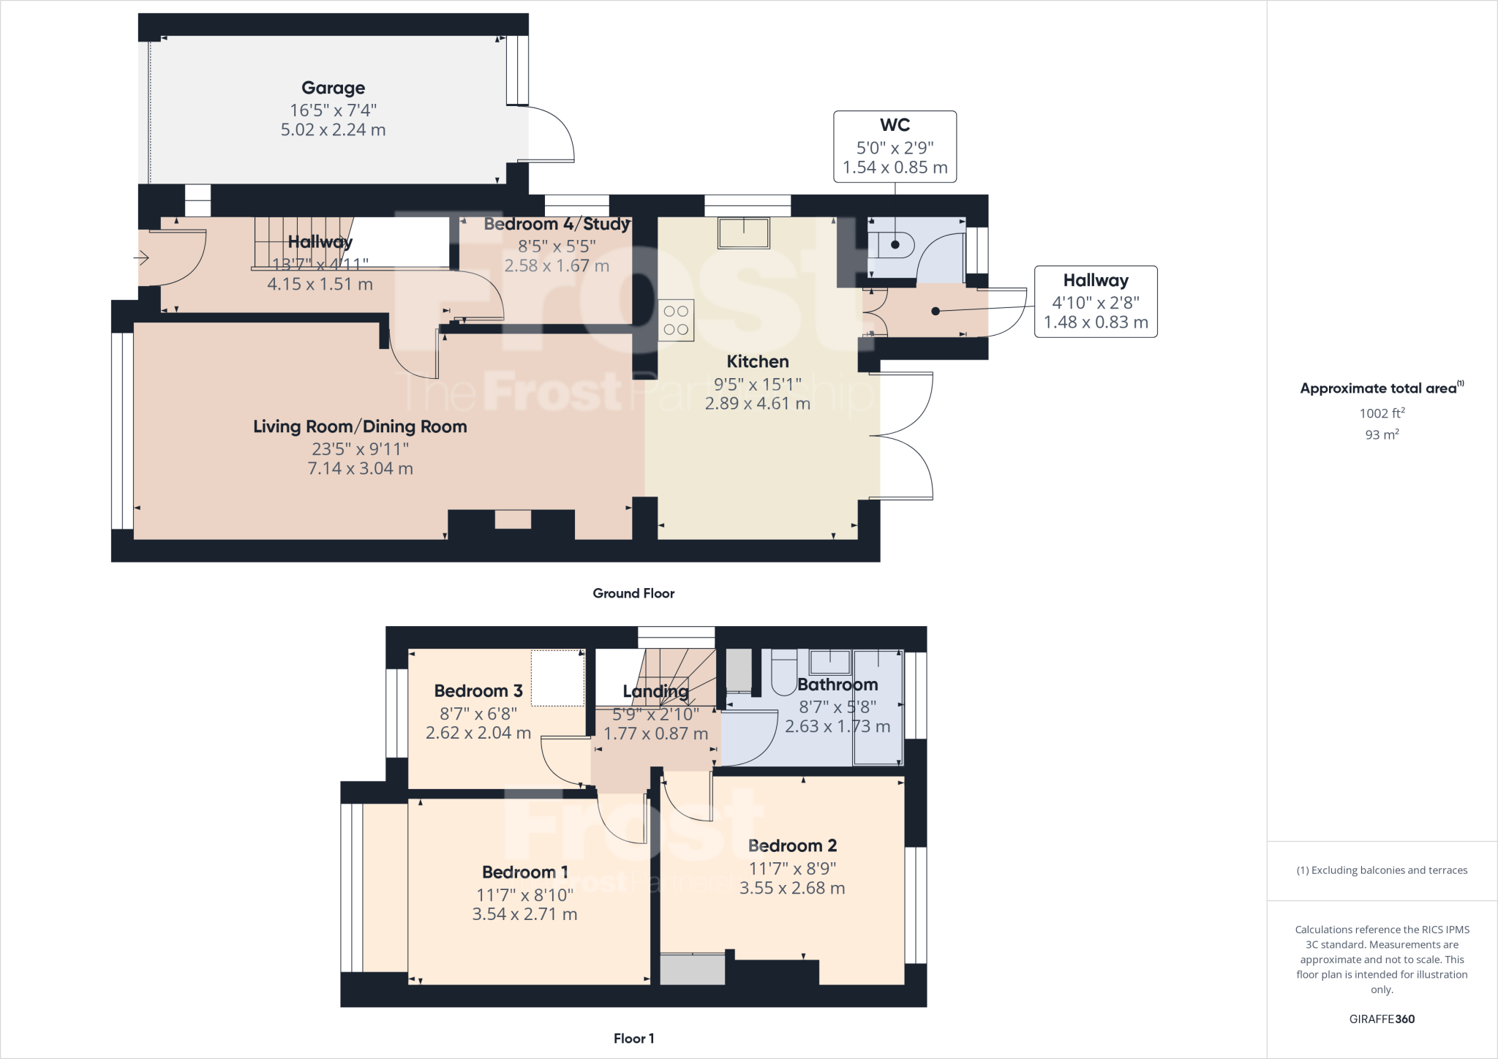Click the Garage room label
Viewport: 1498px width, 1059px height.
(333, 88)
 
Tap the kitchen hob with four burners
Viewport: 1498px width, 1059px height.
(676, 320)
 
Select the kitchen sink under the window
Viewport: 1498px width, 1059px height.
(744, 234)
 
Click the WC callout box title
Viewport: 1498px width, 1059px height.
(895, 125)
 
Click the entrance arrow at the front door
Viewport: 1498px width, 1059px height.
(142, 257)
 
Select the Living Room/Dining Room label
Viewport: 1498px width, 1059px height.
(360, 426)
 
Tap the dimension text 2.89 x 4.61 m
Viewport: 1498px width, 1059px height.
(757, 403)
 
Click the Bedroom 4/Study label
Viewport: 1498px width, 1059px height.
(557, 224)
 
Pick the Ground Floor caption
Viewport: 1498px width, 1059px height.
(633, 593)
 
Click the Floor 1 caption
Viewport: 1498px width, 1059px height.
(633, 1038)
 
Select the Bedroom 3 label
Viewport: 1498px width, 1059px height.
(478, 690)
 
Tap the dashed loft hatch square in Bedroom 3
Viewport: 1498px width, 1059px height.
(557, 678)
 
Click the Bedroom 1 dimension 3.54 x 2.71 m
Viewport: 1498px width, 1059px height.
(524, 914)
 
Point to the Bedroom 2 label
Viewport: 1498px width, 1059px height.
(792, 845)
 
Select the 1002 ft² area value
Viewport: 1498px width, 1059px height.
(1382, 413)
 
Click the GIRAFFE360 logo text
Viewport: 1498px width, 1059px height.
(1382, 1019)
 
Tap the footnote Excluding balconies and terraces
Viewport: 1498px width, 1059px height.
(1382, 870)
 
